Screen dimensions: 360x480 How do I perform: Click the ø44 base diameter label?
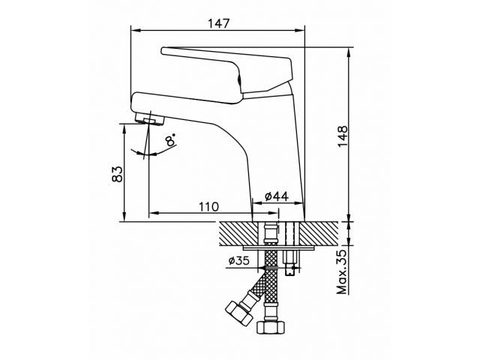[276, 196]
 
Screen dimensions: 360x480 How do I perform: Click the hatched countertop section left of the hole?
[238, 232]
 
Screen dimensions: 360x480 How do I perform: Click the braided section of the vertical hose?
[271, 289]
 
